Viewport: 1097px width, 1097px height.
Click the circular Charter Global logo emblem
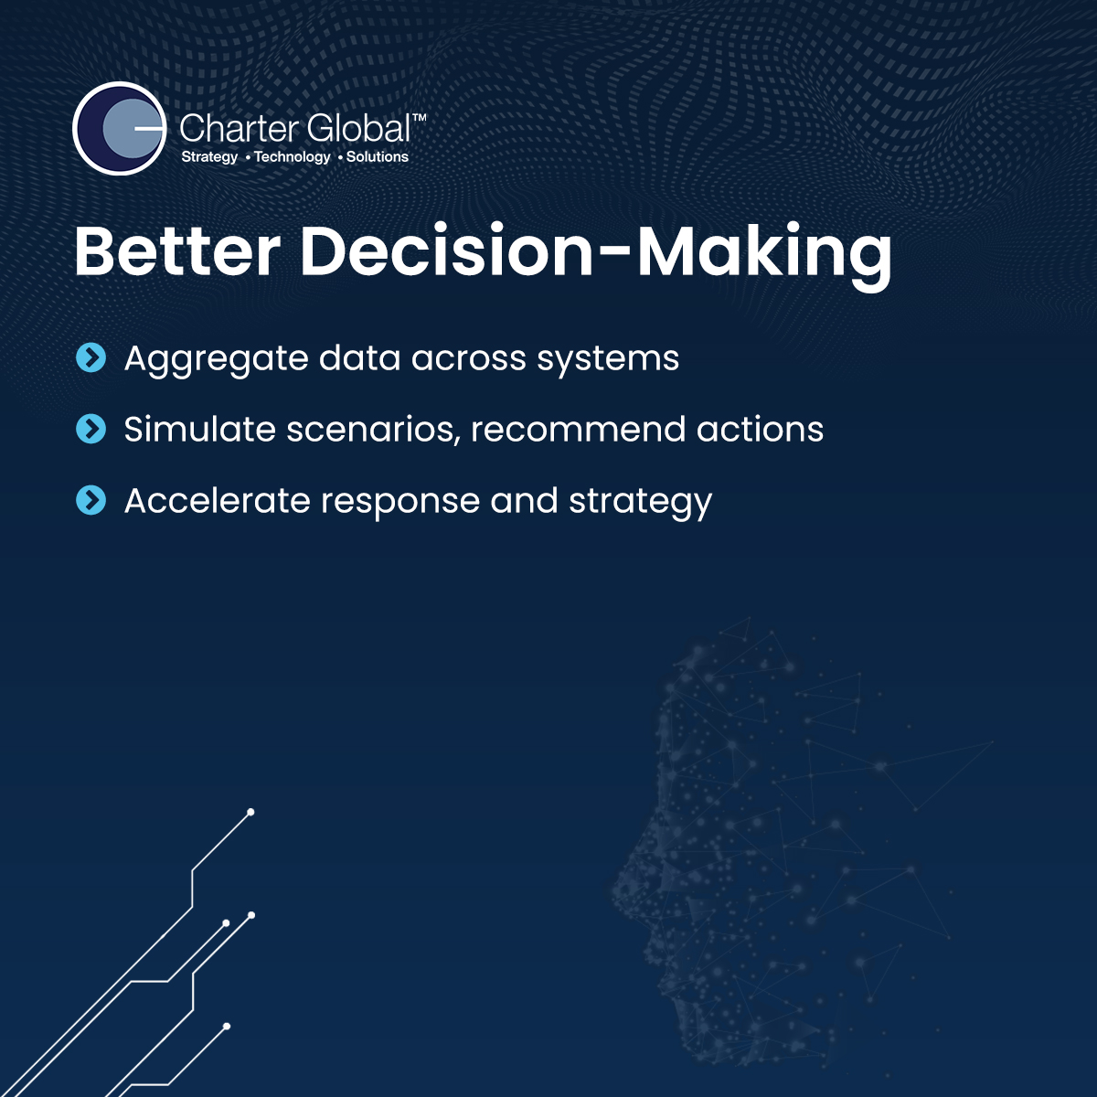120,128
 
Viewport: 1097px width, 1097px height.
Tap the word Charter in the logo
238,128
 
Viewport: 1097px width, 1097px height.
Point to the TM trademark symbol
419,117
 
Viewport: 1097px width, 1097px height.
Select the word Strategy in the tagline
209,157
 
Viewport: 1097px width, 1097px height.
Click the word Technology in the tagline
292,157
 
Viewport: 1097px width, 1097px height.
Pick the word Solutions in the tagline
378,156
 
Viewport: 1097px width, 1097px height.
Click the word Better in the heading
177,251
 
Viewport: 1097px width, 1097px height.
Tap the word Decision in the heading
447,251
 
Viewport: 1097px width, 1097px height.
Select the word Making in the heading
764,257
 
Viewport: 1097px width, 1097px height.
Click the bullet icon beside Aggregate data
91,357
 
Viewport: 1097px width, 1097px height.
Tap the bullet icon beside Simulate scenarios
91,429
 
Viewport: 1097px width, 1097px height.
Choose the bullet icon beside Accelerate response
91,500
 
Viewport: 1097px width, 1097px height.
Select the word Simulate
200,429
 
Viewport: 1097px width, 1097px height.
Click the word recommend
578,429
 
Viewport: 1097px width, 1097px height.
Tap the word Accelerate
217,500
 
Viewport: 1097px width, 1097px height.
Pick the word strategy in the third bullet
641,504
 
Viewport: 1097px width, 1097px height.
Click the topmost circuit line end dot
250,813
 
